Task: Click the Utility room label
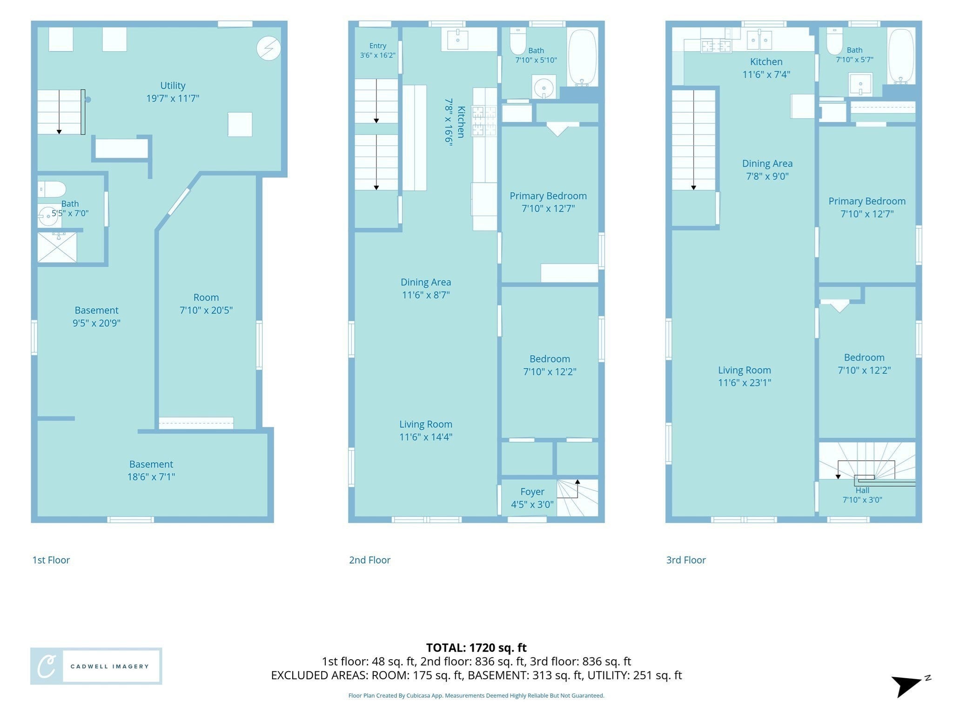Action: (x=173, y=86)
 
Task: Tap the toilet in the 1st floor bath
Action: (x=52, y=189)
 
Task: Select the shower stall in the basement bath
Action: (x=57, y=247)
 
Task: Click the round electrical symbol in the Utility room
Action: (x=268, y=48)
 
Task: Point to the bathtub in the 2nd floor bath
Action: (x=582, y=58)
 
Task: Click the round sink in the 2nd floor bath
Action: (x=544, y=87)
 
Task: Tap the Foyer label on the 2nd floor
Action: (x=532, y=492)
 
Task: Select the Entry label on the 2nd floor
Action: (x=378, y=46)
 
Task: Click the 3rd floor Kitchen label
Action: (x=766, y=61)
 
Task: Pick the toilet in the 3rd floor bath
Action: (x=834, y=41)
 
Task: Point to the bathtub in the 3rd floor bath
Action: (x=901, y=56)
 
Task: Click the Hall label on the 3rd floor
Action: (x=862, y=490)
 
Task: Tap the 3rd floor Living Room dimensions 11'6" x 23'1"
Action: (x=745, y=383)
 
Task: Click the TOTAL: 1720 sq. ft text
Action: (x=476, y=648)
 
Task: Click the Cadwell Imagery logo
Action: (x=96, y=666)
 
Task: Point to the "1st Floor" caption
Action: (x=51, y=560)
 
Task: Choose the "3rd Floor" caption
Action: (x=686, y=560)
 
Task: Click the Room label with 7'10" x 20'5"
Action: (x=206, y=297)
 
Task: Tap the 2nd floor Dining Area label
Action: (x=426, y=282)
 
